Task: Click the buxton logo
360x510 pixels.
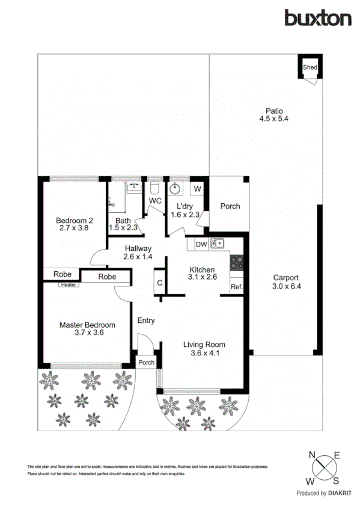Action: pyautogui.click(x=318, y=18)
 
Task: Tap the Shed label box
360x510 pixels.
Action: pyautogui.click(x=310, y=67)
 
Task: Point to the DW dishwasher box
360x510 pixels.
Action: pyautogui.click(x=201, y=244)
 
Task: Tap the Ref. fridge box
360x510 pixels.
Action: pyautogui.click(x=236, y=287)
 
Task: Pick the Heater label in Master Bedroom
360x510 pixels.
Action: pyautogui.click(x=67, y=285)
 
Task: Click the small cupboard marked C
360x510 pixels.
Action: pyautogui.click(x=160, y=283)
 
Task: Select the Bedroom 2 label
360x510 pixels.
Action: pyautogui.click(x=74, y=224)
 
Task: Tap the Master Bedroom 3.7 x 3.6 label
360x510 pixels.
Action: pyautogui.click(x=87, y=328)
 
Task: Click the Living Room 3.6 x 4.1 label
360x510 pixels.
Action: pyautogui.click(x=204, y=349)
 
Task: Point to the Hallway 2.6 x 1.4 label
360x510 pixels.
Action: pyautogui.click(x=138, y=252)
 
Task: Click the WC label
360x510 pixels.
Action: pyautogui.click(x=155, y=200)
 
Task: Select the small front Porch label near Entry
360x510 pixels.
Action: pyautogui.click(x=146, y=363)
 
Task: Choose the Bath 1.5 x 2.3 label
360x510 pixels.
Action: pyautogui.click(x=123, y=224)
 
